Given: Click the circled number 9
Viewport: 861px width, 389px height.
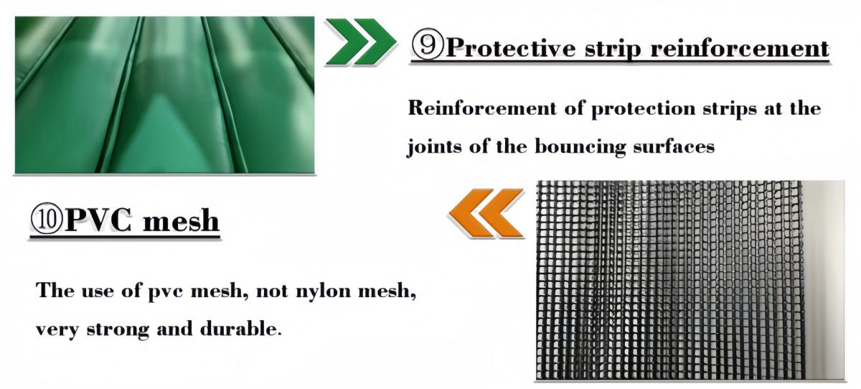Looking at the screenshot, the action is click(428, 46).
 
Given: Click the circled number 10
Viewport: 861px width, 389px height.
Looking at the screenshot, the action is click(46, 219).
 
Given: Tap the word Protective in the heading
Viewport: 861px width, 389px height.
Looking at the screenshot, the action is click(511, 48).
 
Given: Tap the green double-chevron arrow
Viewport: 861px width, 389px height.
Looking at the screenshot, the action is click(360, 42).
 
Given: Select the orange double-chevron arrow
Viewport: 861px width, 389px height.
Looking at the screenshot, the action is click(486, 212).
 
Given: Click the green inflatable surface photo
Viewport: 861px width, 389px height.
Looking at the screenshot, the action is click(164, 95).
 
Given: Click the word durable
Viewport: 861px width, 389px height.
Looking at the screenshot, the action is click(241, 329).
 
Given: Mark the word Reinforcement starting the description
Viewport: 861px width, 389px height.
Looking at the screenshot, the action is click(482, 108).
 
